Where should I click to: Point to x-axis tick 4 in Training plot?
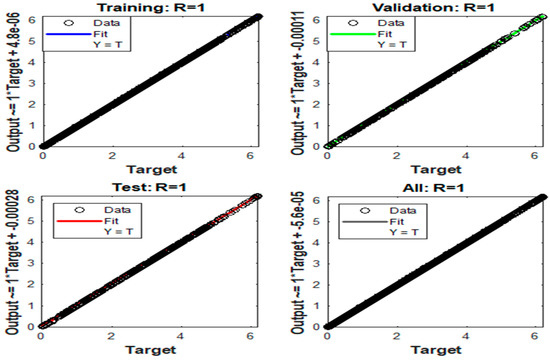[183, 155]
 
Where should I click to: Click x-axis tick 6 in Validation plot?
[536, 155]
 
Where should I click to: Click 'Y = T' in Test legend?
[107, 221]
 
